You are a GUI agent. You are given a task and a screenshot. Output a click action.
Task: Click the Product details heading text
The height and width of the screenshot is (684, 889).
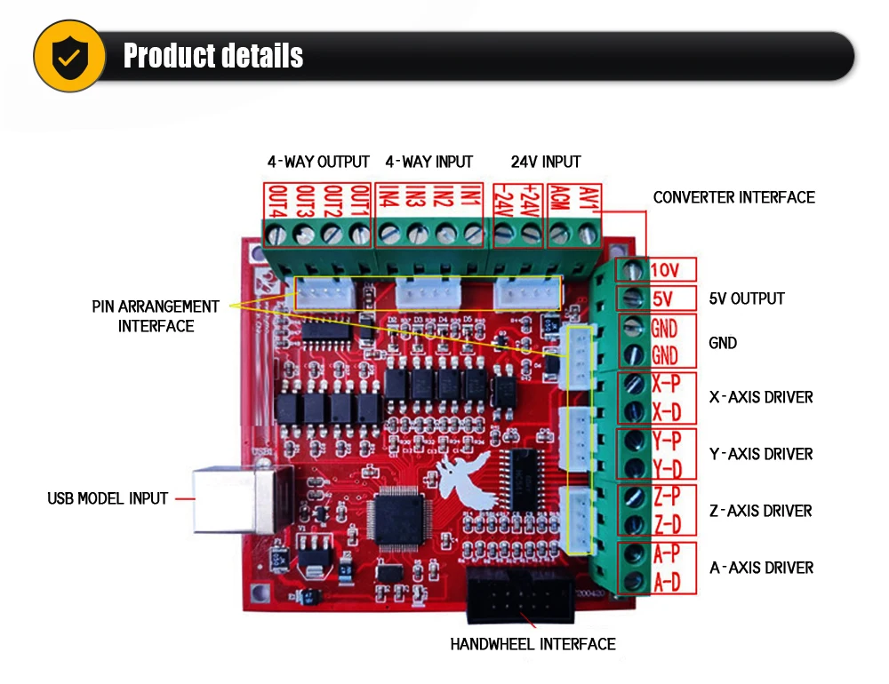pos(213,56)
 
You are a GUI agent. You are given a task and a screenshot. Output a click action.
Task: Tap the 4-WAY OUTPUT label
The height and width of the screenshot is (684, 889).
pos(318,162)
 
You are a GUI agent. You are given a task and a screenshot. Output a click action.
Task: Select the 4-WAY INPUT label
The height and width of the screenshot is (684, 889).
pos(428,162)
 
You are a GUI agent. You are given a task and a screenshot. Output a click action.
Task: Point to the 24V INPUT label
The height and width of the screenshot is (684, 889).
pos(546,162)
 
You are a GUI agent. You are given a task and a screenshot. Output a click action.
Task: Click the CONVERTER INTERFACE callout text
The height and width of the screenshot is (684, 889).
pos(733,197)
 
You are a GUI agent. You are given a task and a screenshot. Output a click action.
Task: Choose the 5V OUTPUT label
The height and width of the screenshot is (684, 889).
pos(747,298)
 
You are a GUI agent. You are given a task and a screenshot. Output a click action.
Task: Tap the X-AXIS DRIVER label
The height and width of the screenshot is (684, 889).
pos(761,397)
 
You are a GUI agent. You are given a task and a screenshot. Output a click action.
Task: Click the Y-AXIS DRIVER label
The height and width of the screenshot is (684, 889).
pos(761,454)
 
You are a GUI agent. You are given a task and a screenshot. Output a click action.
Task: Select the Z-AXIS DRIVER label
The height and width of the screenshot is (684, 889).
pos(761,511)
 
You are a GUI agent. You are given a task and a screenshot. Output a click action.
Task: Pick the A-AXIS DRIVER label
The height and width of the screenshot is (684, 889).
pos(761,568)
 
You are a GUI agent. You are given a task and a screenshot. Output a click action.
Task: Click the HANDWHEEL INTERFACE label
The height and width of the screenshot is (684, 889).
pos(533,644)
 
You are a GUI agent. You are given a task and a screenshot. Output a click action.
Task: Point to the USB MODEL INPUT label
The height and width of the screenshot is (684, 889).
pos(108,498)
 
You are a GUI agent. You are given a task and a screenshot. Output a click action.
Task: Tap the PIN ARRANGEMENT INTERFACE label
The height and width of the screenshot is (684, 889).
pos(156,316)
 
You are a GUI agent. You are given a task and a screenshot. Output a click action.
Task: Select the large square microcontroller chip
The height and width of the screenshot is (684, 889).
pos(398,521)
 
